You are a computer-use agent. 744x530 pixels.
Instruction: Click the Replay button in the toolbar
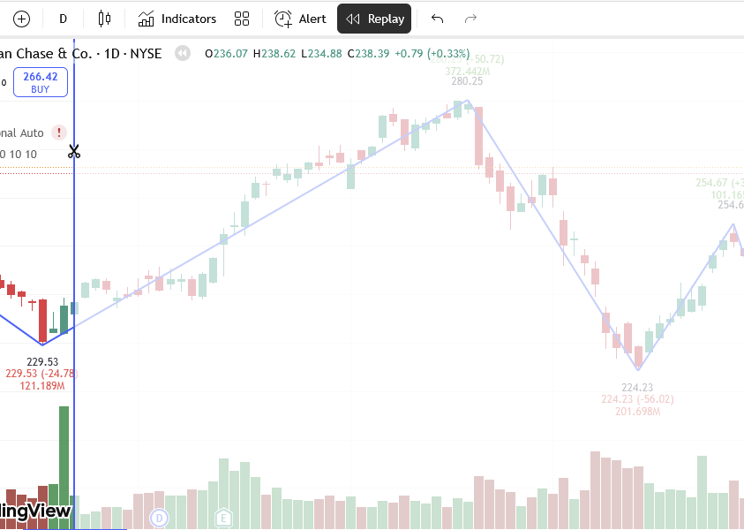pyautogui.click(x=374, y=19)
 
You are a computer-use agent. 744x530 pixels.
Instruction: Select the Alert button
pyautogui.click(x=300, y=19)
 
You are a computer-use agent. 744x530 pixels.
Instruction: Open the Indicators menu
pyautogui.click(x=177, y=19)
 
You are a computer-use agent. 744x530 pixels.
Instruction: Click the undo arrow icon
pyautogui.click(x=437, y=19)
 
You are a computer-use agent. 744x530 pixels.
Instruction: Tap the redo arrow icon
pyautogui.click(x=470, y=19)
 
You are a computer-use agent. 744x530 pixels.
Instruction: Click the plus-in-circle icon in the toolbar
pyautogui.click(x=22, y=19)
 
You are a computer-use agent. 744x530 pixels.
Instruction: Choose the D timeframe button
pyautogui.click(x=63, y=19)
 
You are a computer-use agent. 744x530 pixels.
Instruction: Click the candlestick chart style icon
pyautogui.click(x=105, y=19)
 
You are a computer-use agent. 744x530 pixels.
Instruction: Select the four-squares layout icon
pyautogui.click(x=242, y=19)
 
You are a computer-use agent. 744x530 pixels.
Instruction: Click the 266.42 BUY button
pyautogui.click(x=41, y=83)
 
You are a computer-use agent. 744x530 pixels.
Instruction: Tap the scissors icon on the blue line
pyautogui.click(x=74, y=152)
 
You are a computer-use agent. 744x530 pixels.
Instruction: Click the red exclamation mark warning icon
pyautogui.click(x=59, y=132)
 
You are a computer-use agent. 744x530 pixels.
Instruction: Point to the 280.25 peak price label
pyautogui.click(x=467, y=81)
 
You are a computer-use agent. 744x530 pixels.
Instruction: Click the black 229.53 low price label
pyautogui.click(x=42, y=362)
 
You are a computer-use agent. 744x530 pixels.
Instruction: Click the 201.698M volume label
pyautogui.click(x=637, y=412)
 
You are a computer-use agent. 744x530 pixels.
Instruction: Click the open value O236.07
pyautogui.click(x=226, y=54)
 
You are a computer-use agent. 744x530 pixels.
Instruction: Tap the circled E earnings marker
pyautogui.click(x=224, y=518)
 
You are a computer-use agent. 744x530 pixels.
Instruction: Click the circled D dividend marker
pyautogui.click(x=160, y=518)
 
